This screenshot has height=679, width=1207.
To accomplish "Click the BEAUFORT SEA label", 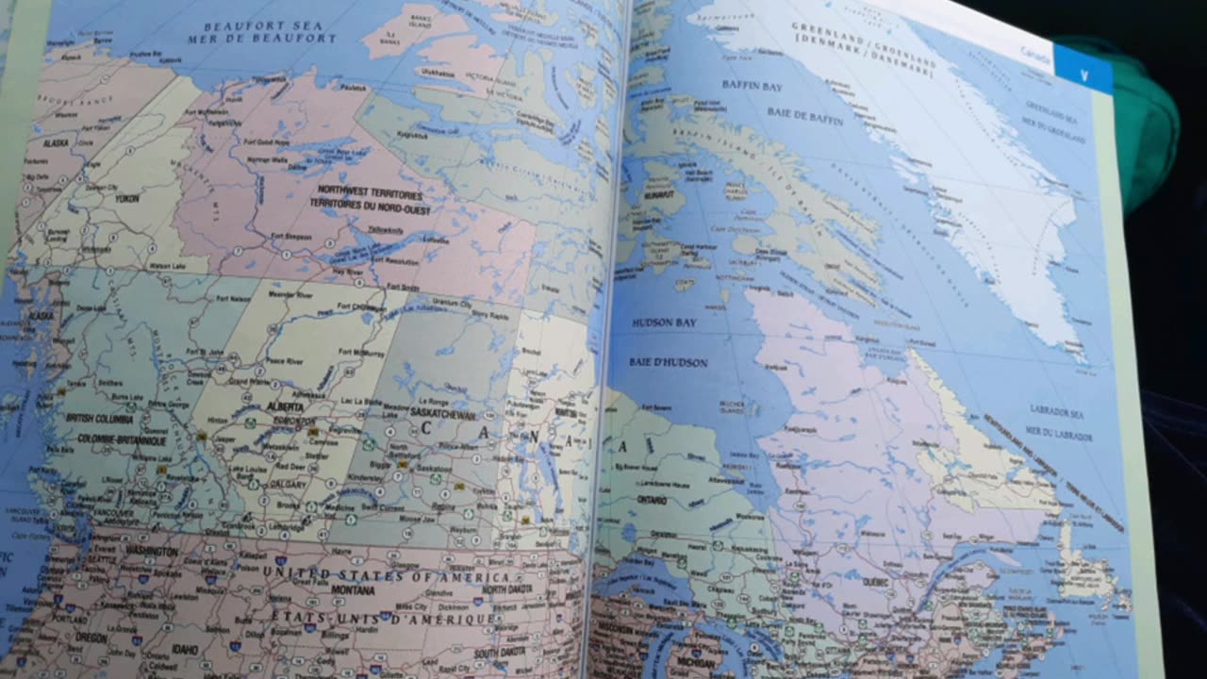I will [x=263, y=25].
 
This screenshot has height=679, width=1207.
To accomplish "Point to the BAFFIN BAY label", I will [x=752, y=86].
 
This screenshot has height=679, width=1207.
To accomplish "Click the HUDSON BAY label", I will [x=665, y=323].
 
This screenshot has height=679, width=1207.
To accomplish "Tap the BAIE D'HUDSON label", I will [x=669, y=362].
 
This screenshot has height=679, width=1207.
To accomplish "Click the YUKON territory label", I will [x=126, y=199].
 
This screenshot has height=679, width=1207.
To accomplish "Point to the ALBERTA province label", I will [x=286, y=406].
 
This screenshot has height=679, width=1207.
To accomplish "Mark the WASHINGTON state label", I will [x=150, y=551].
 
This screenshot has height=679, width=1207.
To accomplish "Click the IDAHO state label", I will [x=186, y=650].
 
